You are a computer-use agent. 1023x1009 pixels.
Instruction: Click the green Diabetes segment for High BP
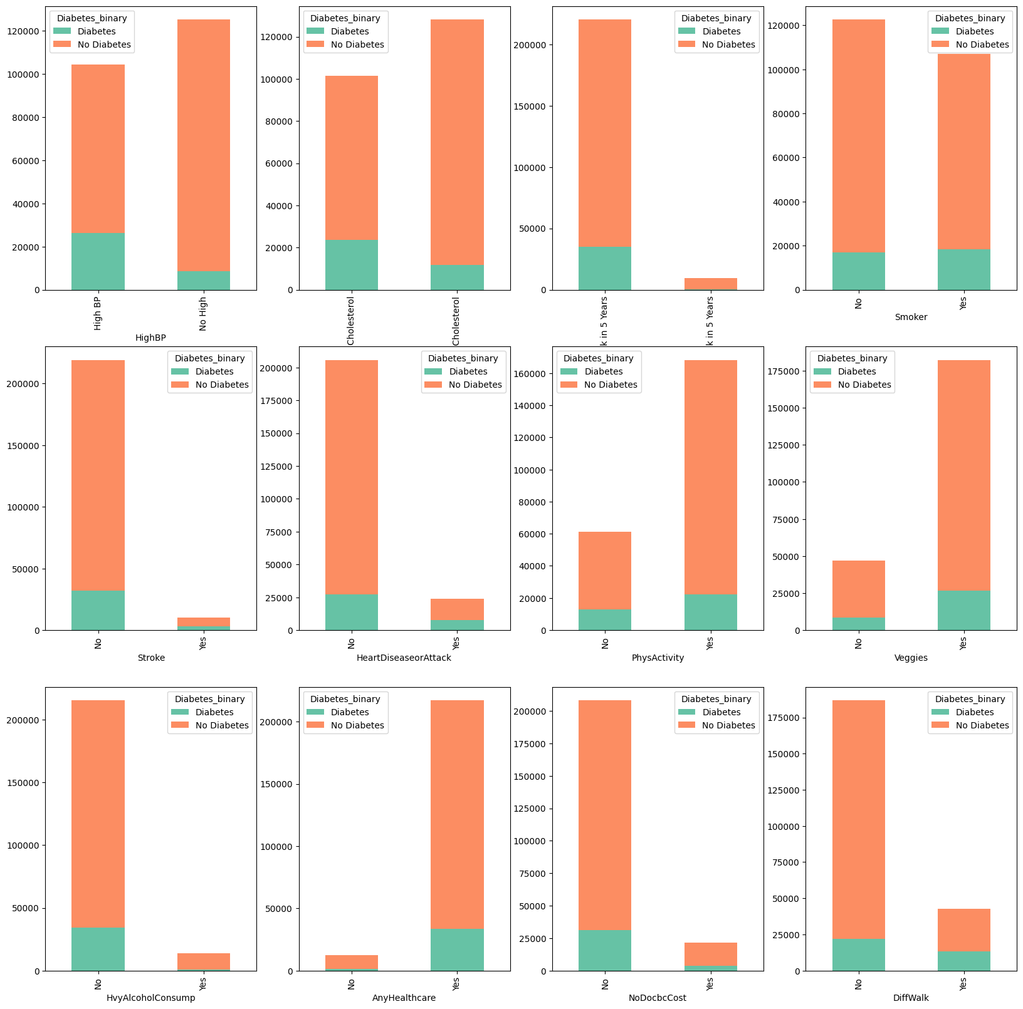98,261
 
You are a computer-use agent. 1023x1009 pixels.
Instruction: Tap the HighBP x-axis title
150,338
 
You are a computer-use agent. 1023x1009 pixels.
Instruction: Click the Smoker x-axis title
911,318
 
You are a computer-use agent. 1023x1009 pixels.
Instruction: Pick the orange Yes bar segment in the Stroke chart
203,622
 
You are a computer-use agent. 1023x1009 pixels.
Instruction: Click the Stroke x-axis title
150,658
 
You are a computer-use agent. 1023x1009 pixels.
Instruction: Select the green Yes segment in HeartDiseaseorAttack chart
457,624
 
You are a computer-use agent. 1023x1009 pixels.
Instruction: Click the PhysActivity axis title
658,658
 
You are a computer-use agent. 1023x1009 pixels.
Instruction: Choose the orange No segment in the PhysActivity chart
605,571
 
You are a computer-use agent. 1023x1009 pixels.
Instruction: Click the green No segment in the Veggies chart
858,624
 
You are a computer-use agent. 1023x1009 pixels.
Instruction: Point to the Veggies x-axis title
911,658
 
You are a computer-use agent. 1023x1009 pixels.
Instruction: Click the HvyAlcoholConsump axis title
150,998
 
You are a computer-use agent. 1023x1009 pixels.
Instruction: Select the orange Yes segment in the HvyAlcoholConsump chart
203,961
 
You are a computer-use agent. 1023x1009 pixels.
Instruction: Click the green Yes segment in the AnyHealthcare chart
457,949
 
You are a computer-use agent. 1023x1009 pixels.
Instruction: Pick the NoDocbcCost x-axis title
658,998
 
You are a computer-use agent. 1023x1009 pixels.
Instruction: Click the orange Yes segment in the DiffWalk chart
964,930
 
